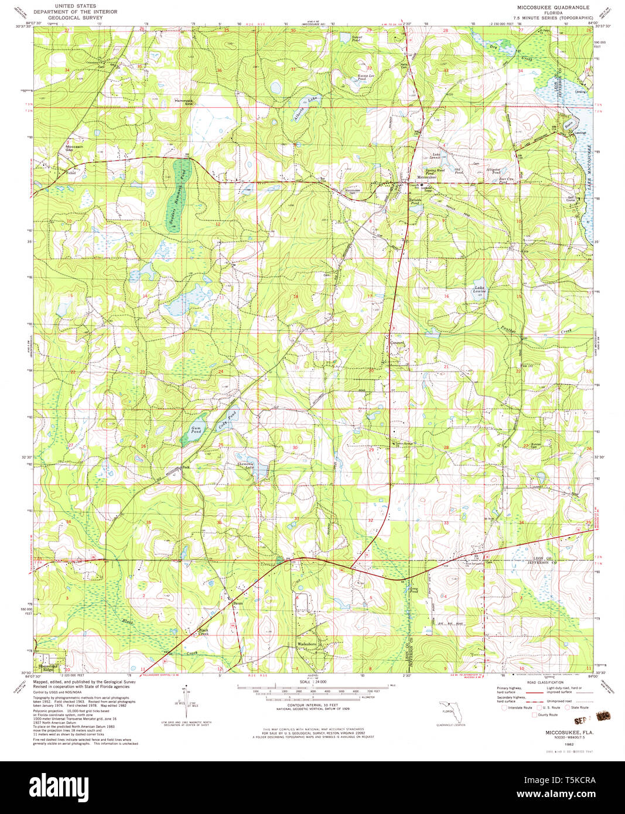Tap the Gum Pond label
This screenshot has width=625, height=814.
[x=196, y=430]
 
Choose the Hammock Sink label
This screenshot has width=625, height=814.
[x=183, y=101]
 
